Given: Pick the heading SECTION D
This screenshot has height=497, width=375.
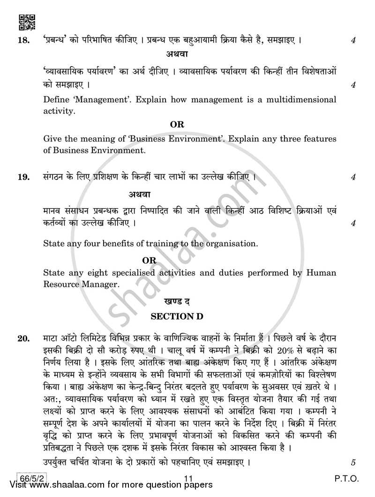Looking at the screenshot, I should click(177, 316).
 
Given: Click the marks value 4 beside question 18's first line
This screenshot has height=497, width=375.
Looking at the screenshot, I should click(352, 41).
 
